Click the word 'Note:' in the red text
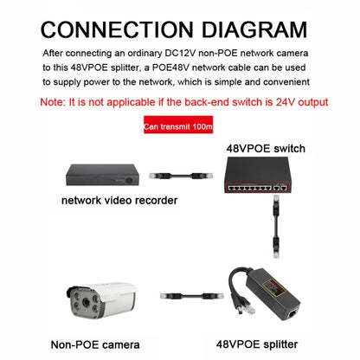click(x=58, y=101)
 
